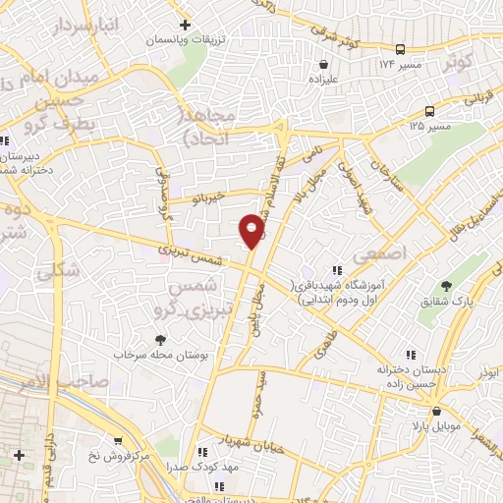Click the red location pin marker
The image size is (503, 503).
click(252, 230)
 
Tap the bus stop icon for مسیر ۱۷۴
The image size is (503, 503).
click(401, 49)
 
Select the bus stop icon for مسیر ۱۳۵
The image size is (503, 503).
click(429, 111)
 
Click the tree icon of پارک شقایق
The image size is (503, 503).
click(447, 287)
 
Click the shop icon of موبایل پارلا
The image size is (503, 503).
click(436, 412)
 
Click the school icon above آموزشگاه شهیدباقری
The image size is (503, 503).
click(337, 269)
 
